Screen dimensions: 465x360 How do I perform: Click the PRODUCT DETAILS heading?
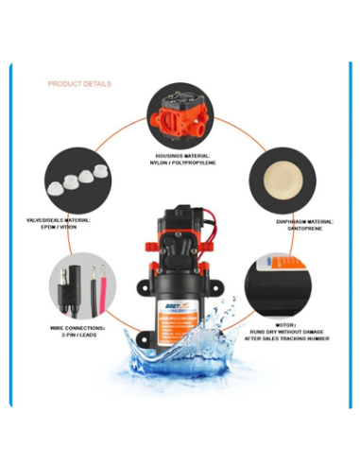click(79, 84)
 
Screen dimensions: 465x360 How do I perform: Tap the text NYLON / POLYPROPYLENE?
click(183, 164)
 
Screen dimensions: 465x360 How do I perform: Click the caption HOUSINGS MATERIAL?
click(183, 156)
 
